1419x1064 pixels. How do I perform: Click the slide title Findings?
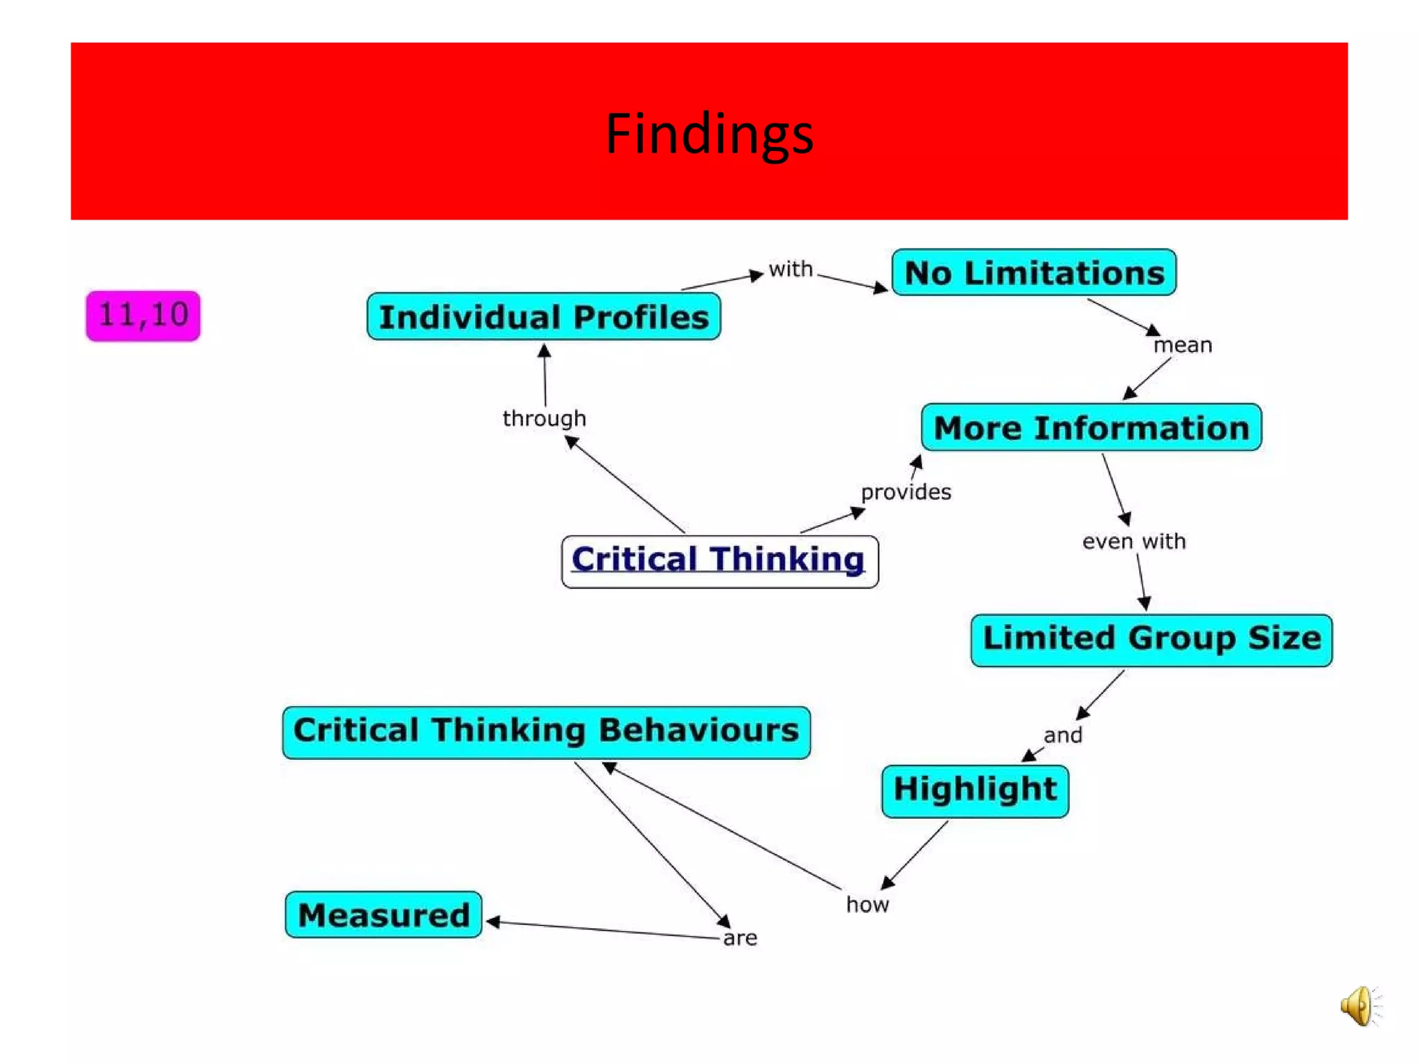pos(709,133)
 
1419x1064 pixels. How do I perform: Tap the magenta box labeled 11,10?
pos(143,316)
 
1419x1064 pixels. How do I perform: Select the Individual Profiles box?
pos(544,317)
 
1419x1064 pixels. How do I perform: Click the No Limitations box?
pos(1034,273)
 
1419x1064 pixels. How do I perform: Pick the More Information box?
pos(1091,427)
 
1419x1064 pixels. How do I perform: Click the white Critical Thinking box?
pos(719,560)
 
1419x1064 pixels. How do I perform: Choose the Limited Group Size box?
pos(1151,639)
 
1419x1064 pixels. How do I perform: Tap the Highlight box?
pos(975,790)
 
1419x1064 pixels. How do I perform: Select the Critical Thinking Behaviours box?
pos(546,731)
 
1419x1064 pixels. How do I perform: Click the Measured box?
pos(383,915)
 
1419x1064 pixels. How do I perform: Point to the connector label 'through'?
pos(545,418)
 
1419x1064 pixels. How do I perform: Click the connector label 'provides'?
pos(906,492)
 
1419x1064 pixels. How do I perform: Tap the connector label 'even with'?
pos(1134,541)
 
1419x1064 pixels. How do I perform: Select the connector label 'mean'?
pos(1183,345)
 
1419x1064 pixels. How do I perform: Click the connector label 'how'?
pos(867,904)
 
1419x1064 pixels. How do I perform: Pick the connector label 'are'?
pos(740,938)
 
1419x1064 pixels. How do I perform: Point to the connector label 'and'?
pos(1062,735)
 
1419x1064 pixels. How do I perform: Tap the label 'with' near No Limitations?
pos(791,269)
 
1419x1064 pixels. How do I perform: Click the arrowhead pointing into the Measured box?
pos(493,921)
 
